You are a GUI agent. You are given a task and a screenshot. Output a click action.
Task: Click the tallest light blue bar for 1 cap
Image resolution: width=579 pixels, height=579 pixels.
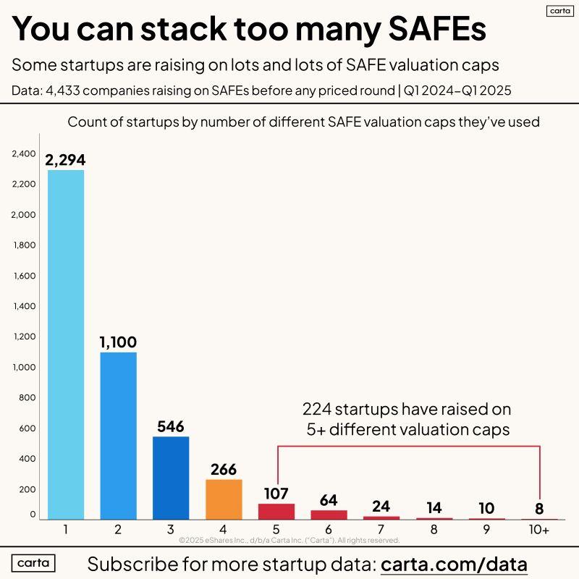tap(66, 345)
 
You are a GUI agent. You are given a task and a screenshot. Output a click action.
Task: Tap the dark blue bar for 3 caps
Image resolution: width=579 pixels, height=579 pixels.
tap(171, 478)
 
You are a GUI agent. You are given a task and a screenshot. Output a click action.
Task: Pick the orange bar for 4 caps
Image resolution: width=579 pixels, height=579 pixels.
tap(224, 499)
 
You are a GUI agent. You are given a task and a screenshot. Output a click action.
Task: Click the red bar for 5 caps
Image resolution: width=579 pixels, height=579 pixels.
tap(276, 511)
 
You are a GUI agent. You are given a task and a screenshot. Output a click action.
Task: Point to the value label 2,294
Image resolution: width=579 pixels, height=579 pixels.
tap(66, 160)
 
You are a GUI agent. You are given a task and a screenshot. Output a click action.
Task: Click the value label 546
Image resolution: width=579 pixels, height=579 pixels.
tap(171, 426)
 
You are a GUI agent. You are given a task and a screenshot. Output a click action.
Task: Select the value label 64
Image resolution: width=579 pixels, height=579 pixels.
tap(329, 500)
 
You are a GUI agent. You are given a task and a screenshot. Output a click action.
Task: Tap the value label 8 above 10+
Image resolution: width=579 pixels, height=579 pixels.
tap(539, 508)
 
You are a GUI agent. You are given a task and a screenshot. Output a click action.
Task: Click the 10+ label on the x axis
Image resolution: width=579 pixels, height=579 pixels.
tap(539, 530)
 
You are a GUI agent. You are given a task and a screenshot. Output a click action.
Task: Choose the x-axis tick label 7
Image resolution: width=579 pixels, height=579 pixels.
tap(381, 530)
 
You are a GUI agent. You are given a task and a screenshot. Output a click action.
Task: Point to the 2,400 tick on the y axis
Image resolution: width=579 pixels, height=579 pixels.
tap(24, 153)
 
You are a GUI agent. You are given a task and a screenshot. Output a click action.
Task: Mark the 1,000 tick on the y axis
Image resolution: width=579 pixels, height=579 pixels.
tap(24, 367)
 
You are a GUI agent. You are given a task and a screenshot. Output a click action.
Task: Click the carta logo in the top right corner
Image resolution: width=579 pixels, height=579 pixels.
tap(557, 11)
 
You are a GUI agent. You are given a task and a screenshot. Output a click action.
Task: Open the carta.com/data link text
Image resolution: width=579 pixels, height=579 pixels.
tap(454, 564)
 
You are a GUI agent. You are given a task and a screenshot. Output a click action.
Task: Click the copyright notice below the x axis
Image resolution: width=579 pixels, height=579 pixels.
tap(289, 540)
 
